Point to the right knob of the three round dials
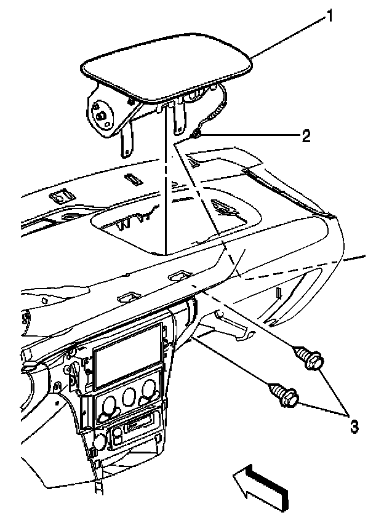click(x=148, y=389)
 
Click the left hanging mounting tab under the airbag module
click(x=128, y=142)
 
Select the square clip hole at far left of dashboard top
click(x=60, y=198)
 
